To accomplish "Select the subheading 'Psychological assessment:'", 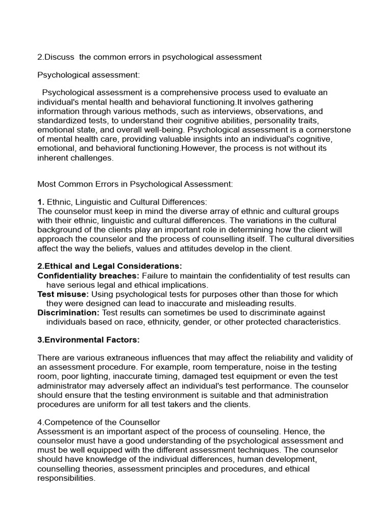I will pos(88,75).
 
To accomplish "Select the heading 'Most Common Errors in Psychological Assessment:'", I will pos(135,184).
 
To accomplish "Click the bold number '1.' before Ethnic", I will pos(41,202).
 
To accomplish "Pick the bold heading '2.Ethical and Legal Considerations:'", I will pos(109,266).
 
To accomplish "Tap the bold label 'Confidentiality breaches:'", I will pos(88,276).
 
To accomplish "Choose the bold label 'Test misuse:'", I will pos(63,294).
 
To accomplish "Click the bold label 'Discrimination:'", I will pos(68,312).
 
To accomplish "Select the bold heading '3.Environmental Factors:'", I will pos(88,340).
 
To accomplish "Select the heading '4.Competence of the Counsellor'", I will pos(99,422).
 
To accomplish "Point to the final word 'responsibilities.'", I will pos(66,478).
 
